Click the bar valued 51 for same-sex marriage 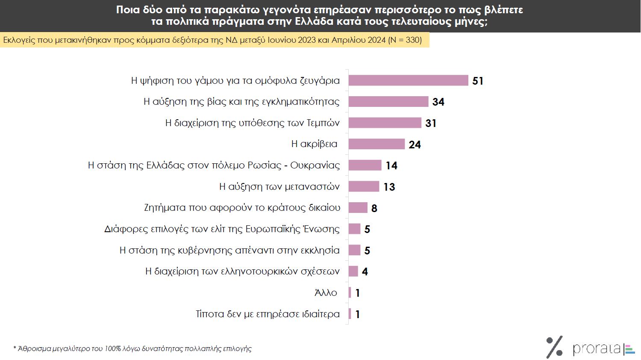408,80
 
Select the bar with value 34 388,102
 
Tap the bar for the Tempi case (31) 385,123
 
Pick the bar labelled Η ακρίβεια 376,144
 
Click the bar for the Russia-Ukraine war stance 365,165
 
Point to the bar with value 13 364,187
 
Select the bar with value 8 358,208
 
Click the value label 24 415,145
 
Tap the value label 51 478,81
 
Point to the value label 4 365,271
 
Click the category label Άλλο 326,293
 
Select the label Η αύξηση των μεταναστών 279,187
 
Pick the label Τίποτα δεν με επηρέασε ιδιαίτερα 268,314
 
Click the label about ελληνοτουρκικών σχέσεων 242,271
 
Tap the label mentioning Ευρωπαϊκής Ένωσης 222,229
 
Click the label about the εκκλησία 229,251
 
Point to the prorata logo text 597,348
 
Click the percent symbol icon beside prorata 554,347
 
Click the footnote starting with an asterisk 132,348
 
